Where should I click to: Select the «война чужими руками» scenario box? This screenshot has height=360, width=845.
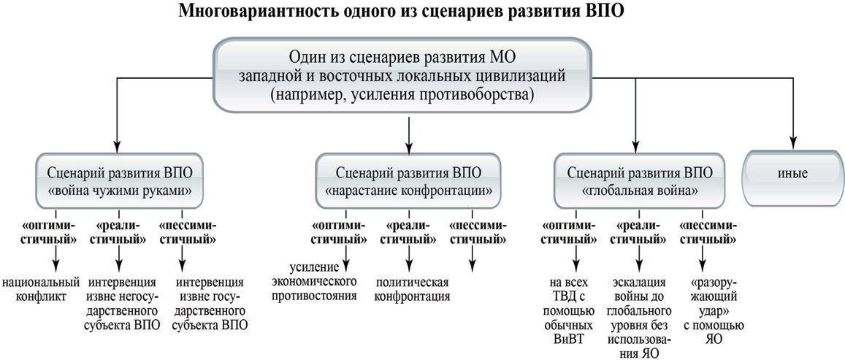(120, 180)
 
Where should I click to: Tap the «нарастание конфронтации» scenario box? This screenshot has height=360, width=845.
(409, 180)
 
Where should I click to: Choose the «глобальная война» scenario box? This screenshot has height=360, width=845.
(641, 180)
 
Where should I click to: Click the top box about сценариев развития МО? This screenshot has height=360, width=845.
(402, 75)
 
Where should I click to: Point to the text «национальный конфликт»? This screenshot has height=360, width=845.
(41, 289)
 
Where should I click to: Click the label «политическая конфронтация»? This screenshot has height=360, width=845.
(412, 289)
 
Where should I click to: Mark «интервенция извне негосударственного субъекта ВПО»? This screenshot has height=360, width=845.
(124, 304)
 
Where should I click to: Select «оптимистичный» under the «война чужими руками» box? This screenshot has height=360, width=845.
(56, 231)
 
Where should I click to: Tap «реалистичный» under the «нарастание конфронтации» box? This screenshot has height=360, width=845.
(408, 231)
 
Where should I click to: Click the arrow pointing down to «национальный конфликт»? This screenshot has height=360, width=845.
(56, 259)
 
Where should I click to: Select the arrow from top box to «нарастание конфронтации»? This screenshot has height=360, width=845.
(409, 133)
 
